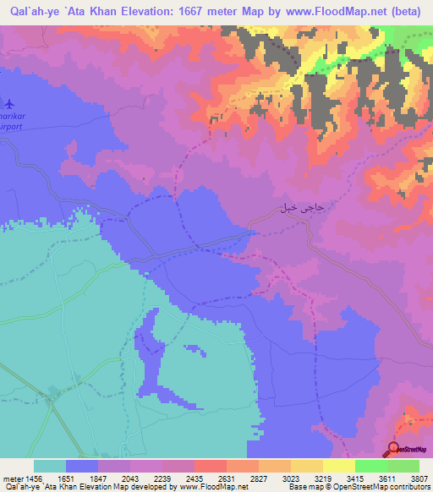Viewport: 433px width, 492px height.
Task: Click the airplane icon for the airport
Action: click(x=9, y=104)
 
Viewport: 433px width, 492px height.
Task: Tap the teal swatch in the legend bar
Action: click(x=49, y=466)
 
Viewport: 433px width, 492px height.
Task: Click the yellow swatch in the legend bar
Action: click(x=338, y=466)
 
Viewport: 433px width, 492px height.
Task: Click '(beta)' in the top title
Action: click(x=407, y=12)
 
